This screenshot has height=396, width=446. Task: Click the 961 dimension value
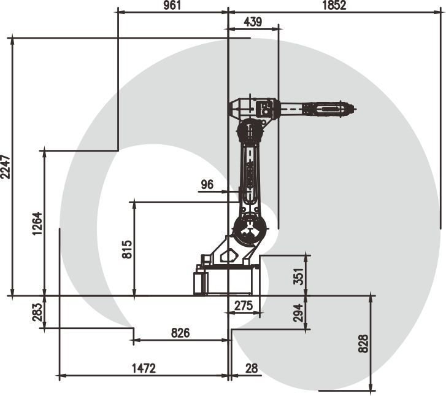(172, 6)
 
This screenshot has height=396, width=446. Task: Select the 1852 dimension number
(334, 6)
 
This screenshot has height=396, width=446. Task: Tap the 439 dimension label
(253, 22)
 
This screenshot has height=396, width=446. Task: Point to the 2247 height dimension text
(6, 167)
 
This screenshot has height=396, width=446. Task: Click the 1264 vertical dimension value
(37, 223)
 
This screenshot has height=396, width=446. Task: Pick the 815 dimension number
(128, 249)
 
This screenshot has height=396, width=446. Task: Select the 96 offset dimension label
(207, 185)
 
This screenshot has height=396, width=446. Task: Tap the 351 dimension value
(299, 276)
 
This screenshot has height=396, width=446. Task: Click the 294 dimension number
(299, 313)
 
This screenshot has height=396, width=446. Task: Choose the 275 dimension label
(244, 306)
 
